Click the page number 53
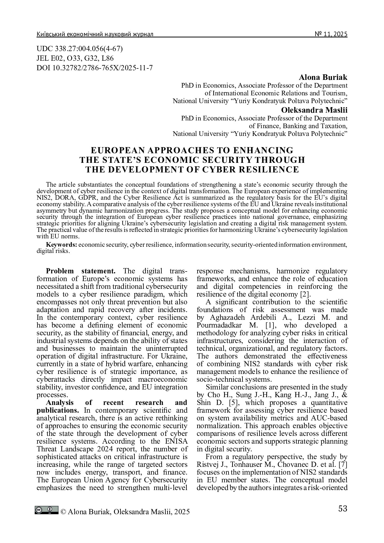coord(343,509)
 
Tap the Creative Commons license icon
coord(46,510)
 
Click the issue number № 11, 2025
coord(331,34)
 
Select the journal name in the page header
coord(95,34)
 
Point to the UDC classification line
coord(80,49)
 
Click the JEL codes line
coord(75,58)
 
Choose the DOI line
coord(94,67)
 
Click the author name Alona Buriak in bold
coord(323,77)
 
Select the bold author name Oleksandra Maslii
coord(314,110)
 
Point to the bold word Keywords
coord(62,245)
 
